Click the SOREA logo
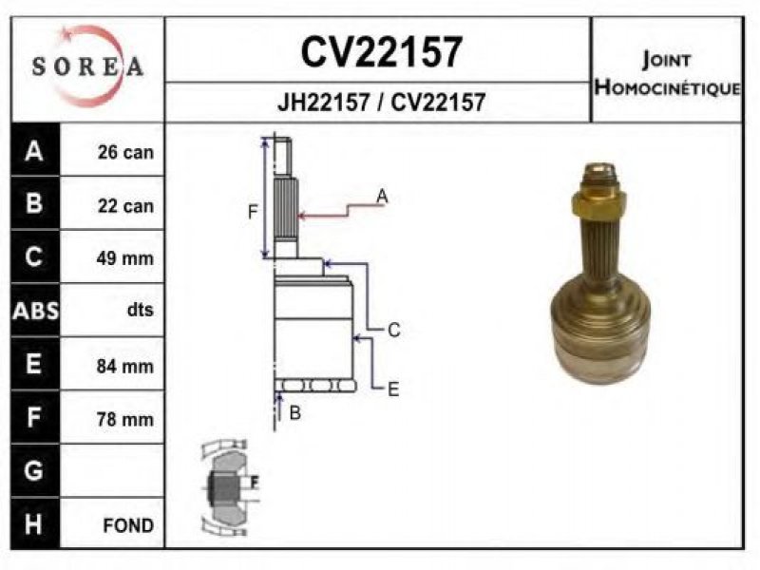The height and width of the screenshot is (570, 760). [87, 66]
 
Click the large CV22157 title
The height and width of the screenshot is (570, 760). [381, 52]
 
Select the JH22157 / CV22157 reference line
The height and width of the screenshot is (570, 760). [381, 103]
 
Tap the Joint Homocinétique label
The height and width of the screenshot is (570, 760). [668, 74]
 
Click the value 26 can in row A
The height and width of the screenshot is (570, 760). [125, 152]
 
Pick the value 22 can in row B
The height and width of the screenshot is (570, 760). [125, 205]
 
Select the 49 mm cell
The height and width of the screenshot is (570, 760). [125, 257]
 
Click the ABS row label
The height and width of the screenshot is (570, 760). [35, 311]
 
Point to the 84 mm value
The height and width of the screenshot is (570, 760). [125, 366]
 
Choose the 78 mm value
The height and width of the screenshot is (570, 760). [125, 419]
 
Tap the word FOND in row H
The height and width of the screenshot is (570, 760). [128, 525]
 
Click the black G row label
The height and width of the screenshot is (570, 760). [33, 470]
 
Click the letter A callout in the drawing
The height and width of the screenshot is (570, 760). [383, 197]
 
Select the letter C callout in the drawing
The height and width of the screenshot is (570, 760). [394, 330]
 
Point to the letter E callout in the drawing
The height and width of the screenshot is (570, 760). [393, 389]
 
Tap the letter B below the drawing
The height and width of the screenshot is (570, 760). [294, 413]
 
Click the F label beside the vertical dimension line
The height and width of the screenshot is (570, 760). [253, 212]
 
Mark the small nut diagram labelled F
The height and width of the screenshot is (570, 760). [229, 488]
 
